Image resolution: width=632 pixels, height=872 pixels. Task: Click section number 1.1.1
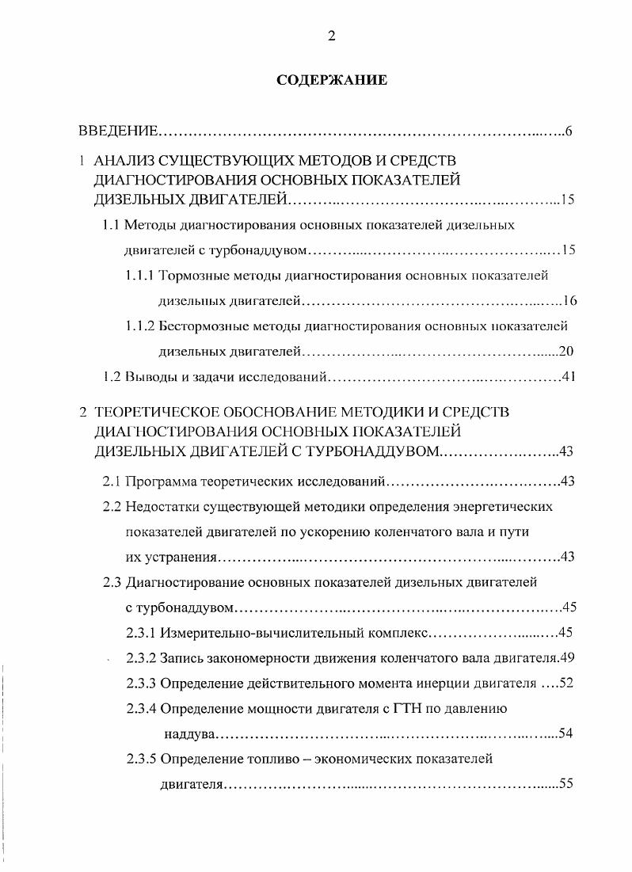click(x=140, y=276)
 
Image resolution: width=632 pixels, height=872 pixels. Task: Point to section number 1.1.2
click(x=140, y=326)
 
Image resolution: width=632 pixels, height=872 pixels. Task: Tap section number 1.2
click(x=112, y=376)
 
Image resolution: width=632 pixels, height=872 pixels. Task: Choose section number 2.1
click(x=112, y=481)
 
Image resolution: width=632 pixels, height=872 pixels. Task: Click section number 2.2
click(x=112, y=506)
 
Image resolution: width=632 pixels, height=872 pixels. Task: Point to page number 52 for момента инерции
click(x=565, y=684)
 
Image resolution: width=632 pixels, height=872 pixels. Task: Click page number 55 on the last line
click(x=565, y=784)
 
